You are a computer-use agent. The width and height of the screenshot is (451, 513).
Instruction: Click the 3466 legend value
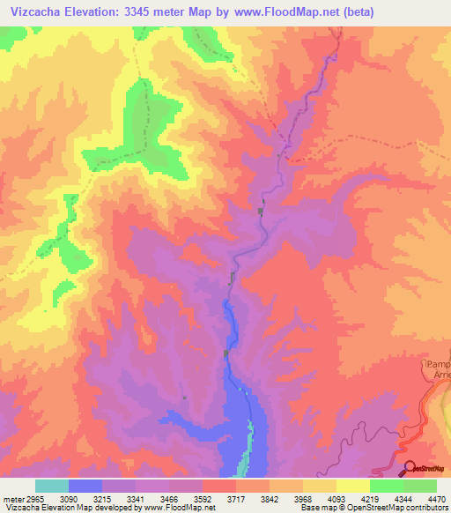click(x=168, y=498)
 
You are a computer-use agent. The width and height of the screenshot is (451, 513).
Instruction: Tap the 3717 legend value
click(x=235, y=498)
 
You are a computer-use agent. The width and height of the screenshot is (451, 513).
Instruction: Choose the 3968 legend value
click(x=302, y=498)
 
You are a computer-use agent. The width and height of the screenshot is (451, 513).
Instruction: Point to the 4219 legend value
click(x=369, y=498)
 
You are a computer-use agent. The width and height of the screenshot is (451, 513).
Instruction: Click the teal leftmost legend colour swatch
click(x=51, y=486)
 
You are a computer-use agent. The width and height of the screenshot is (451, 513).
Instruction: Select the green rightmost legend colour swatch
click(x=419, y=486)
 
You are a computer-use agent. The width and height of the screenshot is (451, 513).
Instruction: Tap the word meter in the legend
click(x=11, y=498)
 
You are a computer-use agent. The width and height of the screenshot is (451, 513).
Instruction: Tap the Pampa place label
click(x=439, y=364)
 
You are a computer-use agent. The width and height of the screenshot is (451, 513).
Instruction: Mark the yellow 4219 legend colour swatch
click(x=352, y=486)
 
